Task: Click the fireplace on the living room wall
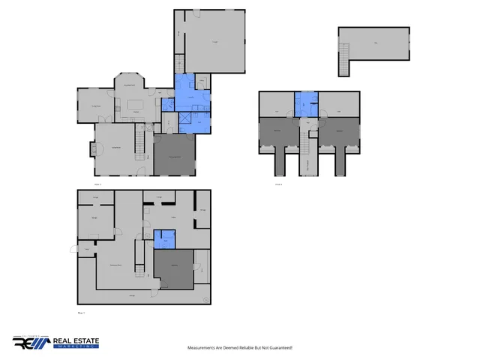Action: click(x=92, y=149)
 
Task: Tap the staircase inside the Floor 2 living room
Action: click(x=139, y=142)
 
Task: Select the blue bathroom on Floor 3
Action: click(x=306, y=103)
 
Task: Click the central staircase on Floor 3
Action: click(x=306, y=142)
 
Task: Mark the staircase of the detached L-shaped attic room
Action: click(x=345, y=59)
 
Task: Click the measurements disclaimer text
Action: click(x=239, y=348)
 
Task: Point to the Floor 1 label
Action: click(x=82, y=312)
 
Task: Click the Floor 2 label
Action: click(x=97, y=184)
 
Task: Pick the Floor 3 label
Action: click(x=278, y=184)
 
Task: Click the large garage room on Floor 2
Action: click(x=214, y=42)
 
